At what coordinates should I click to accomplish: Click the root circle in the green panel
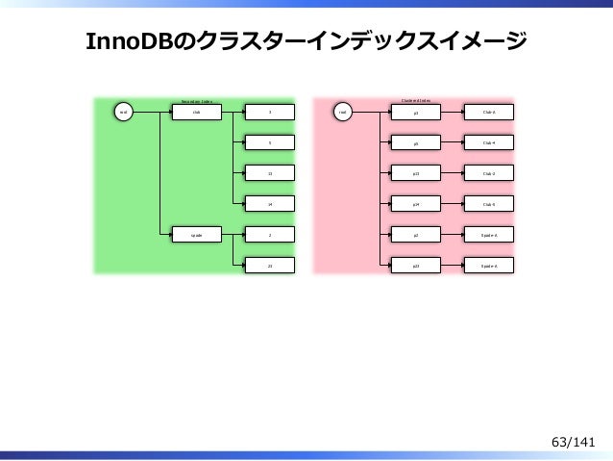point(122,113)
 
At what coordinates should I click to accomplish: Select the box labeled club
point(197,113)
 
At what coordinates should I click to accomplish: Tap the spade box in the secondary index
point(197,234)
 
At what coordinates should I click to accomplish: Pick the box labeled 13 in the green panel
point(270,173)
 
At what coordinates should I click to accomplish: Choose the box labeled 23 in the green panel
point(270,265)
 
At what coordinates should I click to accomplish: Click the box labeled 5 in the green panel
point(270,142)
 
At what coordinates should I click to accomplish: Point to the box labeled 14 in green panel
point(270,204)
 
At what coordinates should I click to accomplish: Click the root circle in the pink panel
point(342,113)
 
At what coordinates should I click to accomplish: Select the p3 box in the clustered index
point(416,113)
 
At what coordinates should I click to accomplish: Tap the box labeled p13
point(416,173)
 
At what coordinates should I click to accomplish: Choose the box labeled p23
point(416,265)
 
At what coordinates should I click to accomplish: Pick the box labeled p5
point(416,142)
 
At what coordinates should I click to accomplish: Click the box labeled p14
point(416,204)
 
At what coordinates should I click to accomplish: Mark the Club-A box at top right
point(489,113)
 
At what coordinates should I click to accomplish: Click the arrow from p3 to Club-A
point(453,113)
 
